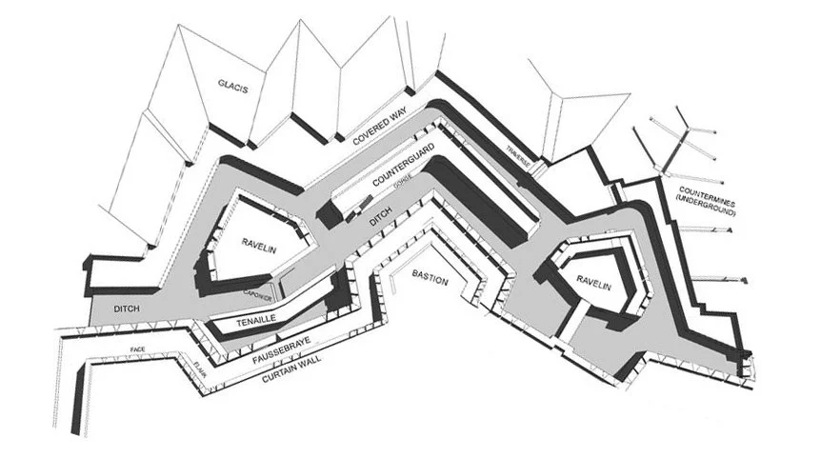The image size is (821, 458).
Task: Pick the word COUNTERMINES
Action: pyautogui.click(x=707, y=193)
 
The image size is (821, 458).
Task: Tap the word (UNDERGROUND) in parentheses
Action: pyautogui.click(x=707, y=207)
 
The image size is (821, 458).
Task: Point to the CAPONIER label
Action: pyautogui.click(x=258, y=293)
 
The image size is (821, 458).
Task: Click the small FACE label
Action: pyautogui.click(x=138, y=351)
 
